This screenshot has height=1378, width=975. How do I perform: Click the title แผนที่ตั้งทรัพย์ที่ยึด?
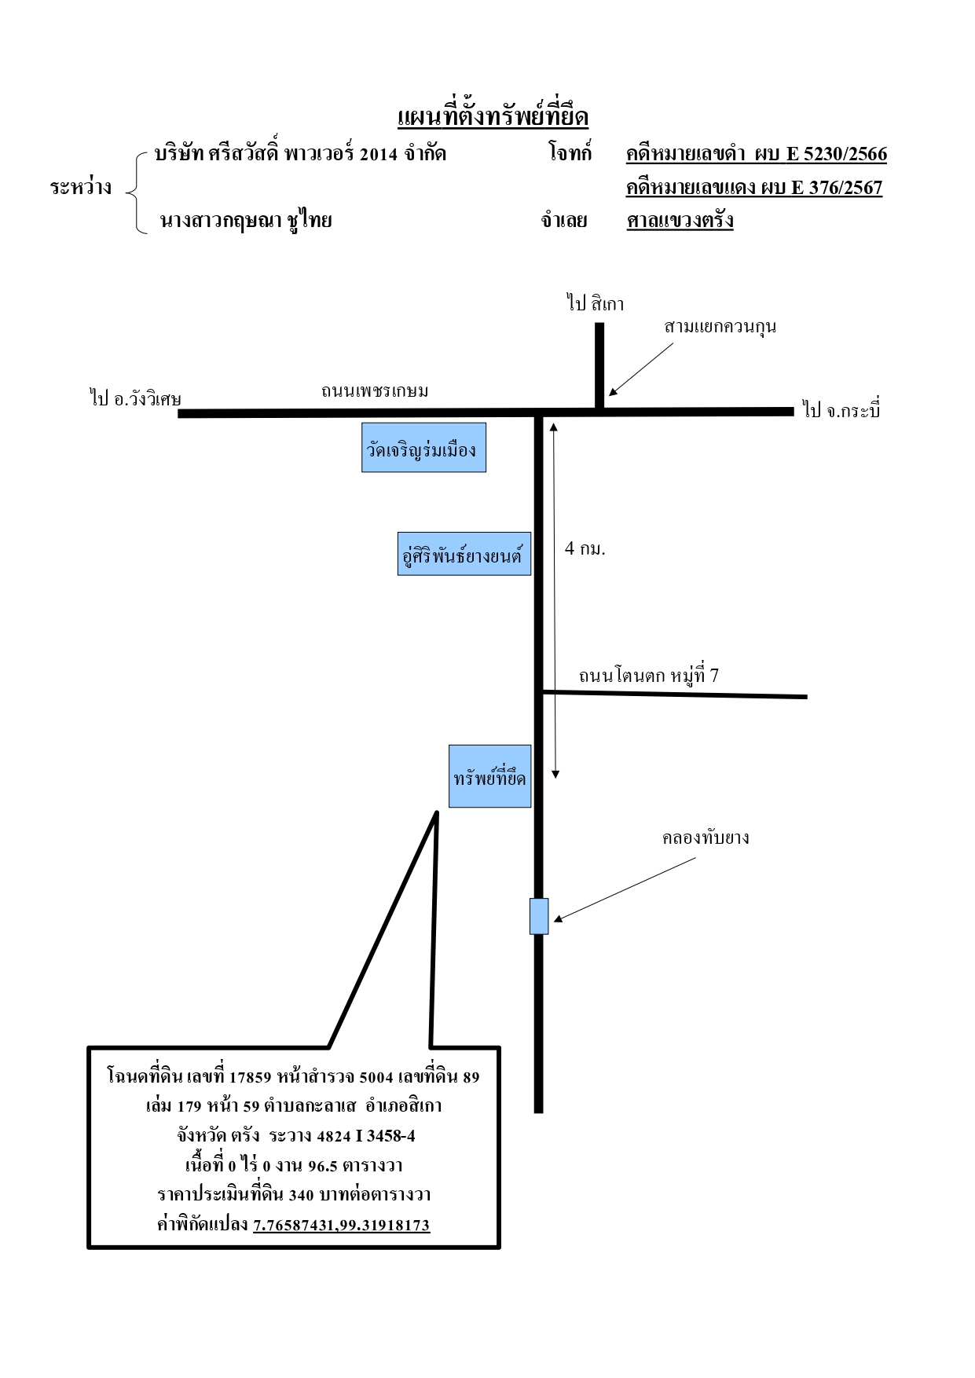(493, 116)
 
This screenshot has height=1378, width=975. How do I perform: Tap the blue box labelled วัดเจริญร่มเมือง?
(423, 448)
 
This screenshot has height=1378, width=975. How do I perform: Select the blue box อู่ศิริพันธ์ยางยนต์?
(464, 554)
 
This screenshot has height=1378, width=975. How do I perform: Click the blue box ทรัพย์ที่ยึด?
(490, 776)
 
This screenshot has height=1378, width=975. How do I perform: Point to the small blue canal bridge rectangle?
(539, 916)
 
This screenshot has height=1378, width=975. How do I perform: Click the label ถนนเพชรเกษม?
(375, 390)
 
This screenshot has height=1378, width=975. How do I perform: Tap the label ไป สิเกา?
(596, 303)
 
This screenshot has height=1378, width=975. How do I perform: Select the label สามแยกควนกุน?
(720, 326)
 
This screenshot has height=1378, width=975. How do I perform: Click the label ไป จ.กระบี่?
(841, 409)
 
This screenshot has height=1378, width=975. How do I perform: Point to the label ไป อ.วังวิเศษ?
(136, 398)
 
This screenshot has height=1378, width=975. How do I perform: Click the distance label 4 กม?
(585, 548)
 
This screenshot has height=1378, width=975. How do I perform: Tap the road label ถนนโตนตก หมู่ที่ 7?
(649, 676)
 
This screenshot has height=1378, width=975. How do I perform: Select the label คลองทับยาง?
(706, 837)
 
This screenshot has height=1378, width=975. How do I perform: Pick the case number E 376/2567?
(837, 188)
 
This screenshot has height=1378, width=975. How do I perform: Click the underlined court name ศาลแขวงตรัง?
(680, 220)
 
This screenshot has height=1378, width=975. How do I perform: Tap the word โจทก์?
(570, 152)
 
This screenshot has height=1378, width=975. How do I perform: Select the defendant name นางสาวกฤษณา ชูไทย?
(246, 221)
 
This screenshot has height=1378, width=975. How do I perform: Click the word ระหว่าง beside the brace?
(81, 187)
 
